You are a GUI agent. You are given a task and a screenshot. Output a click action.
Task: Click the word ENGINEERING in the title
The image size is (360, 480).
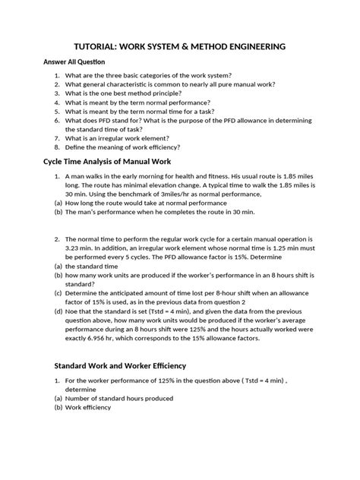click(251, 47)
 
